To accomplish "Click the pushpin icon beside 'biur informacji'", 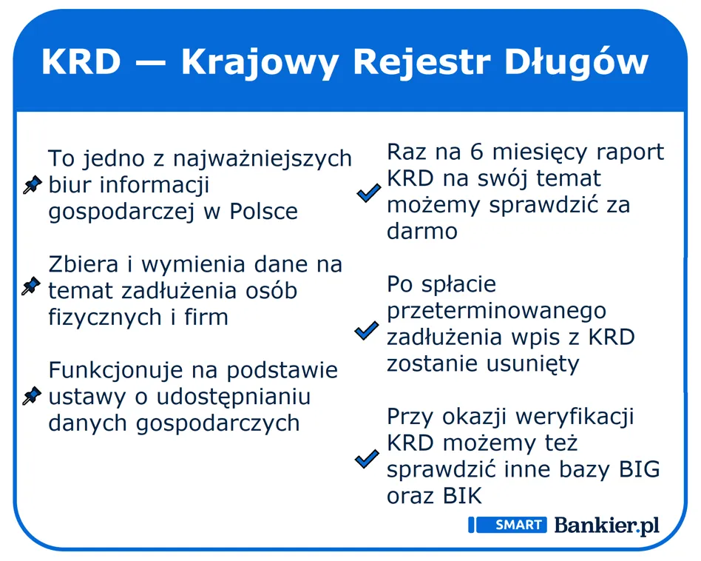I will [31, 185].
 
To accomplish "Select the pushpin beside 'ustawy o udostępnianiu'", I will [31, 397].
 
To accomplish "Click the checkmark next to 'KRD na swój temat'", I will [368, 194].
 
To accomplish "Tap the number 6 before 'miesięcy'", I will [476, 152].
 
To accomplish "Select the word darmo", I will [422, 232].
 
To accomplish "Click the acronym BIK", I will [462, 496].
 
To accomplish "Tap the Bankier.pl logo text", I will [606, 525].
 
